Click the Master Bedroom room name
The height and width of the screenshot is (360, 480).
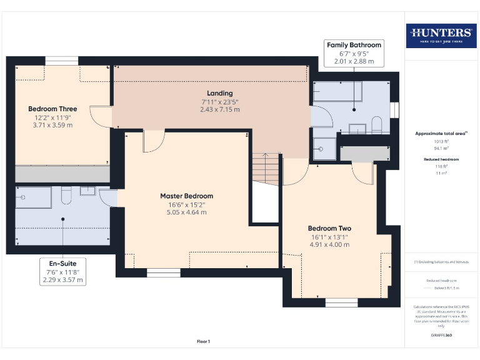tap(186, 196)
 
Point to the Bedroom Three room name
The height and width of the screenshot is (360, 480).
tap(52, 109)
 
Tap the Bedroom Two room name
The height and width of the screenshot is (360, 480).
tap(329, 228)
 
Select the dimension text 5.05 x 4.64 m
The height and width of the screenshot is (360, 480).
tap(186, 212)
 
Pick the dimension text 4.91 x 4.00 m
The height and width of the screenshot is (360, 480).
tap(329, 244)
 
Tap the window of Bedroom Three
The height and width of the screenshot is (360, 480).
tap(61, 61)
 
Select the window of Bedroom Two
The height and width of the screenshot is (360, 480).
tap(341, 302)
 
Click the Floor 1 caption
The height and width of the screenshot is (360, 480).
tap(204, 341)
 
